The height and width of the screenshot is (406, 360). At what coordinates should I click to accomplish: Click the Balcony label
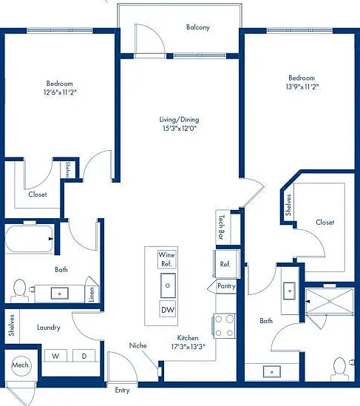(x=197, y=27)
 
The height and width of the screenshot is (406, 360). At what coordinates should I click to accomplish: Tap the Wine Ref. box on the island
(x=166, y=259)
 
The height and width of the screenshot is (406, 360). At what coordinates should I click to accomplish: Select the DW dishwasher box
(x=168, y=309)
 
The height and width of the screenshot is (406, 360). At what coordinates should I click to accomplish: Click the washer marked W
(x=55, y=356)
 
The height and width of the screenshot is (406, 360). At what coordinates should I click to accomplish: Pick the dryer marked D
(x=84, y=356)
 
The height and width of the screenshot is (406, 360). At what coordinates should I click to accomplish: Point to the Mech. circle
(x=21, y=365)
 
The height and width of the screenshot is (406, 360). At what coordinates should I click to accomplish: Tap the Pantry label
(x=226, y=286)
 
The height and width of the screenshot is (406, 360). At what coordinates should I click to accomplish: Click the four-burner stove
(x=224, y=325)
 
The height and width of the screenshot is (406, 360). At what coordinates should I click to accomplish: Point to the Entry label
(x=122, y=390)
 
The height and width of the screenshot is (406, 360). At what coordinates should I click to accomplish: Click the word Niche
(x=138, y=345)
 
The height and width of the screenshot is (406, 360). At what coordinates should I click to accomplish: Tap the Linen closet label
(x=91, y=294)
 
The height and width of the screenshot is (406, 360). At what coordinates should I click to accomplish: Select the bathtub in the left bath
(x=30, y=239)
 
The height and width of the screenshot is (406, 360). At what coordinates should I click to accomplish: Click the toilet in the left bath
(x=19, y=291)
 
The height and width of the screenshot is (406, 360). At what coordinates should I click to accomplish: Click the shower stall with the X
(x=330, y=302)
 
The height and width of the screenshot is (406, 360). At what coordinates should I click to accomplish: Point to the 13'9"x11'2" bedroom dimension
(x=302, y=87)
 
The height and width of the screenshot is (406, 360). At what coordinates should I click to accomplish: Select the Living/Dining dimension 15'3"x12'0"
(x=180, y=128)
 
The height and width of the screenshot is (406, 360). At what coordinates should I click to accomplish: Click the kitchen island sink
(x=168, y=285)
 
